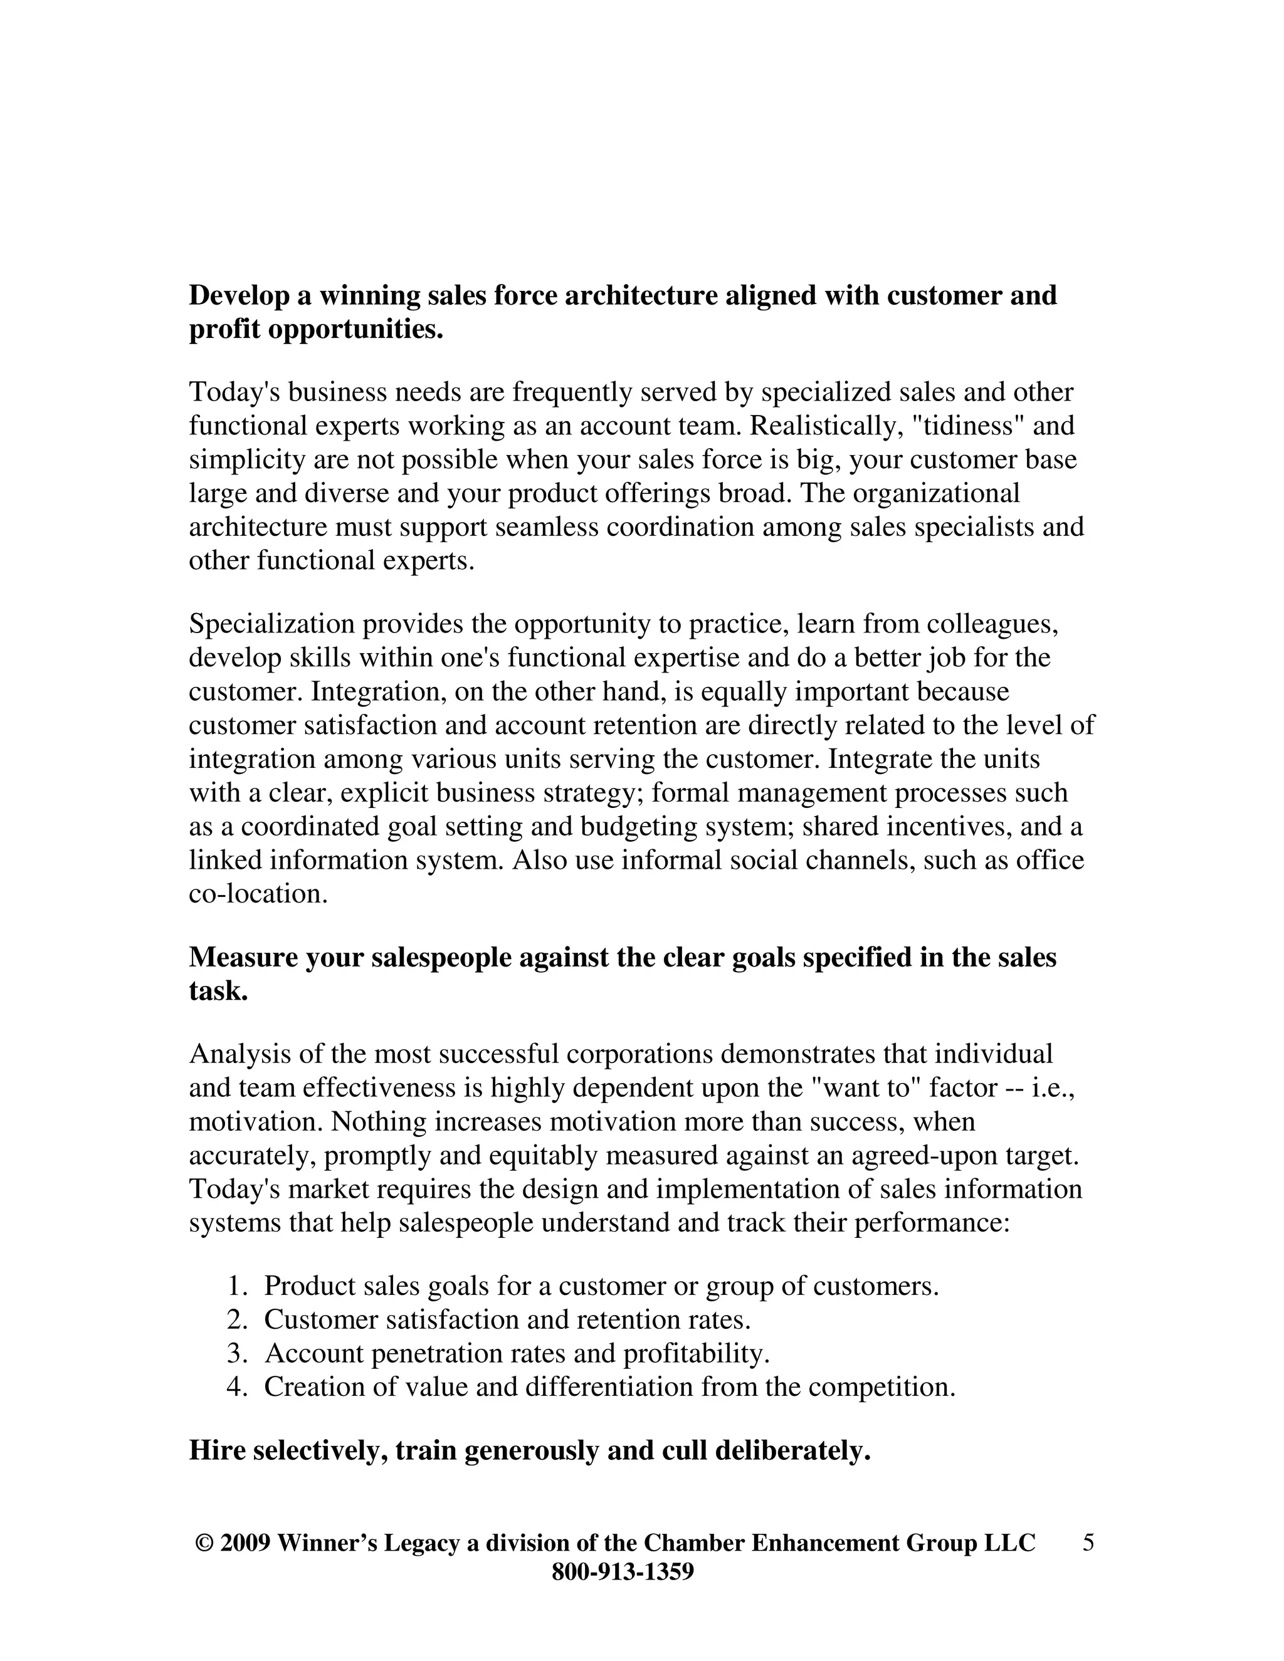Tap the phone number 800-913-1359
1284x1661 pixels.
(x=622, y=1571)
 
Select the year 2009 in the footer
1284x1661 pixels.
(x=245, y=1543)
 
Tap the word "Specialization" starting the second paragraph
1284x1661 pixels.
(x=271, y=624)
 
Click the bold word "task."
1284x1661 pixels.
(x=218, y=992)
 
